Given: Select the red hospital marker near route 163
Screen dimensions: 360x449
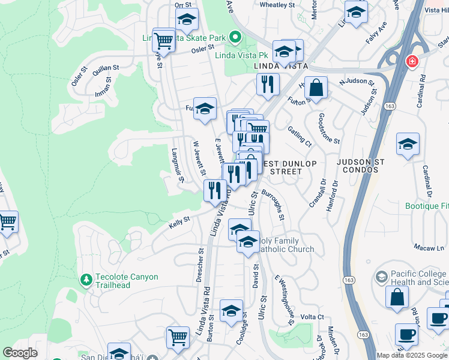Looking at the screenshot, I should [412, 61].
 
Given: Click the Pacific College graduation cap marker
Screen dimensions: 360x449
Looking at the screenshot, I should [381, 277].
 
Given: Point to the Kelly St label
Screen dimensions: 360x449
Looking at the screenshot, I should [179, 223].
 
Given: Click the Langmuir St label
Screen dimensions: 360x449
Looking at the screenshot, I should [176, 161].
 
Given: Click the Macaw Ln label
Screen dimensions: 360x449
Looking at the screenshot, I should [429, 247].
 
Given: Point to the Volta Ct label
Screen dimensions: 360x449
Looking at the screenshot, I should [312, 317].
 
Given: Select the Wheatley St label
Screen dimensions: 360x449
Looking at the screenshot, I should [277, 4].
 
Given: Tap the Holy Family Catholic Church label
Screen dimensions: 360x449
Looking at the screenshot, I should [286, 245].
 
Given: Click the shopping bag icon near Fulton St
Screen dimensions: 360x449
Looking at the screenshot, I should [316, 89].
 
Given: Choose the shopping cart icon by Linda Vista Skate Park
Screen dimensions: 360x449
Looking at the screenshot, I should [163, 40].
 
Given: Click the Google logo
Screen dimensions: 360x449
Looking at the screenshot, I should [20, 353].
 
